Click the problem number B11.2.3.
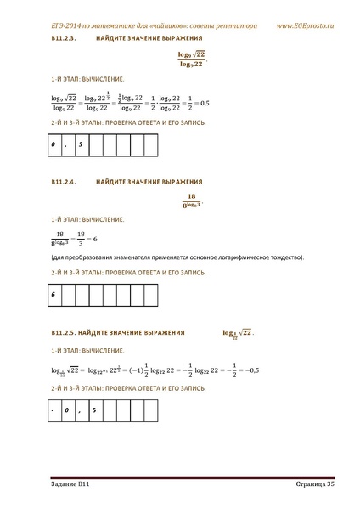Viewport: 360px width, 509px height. [x=65, y=40]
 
